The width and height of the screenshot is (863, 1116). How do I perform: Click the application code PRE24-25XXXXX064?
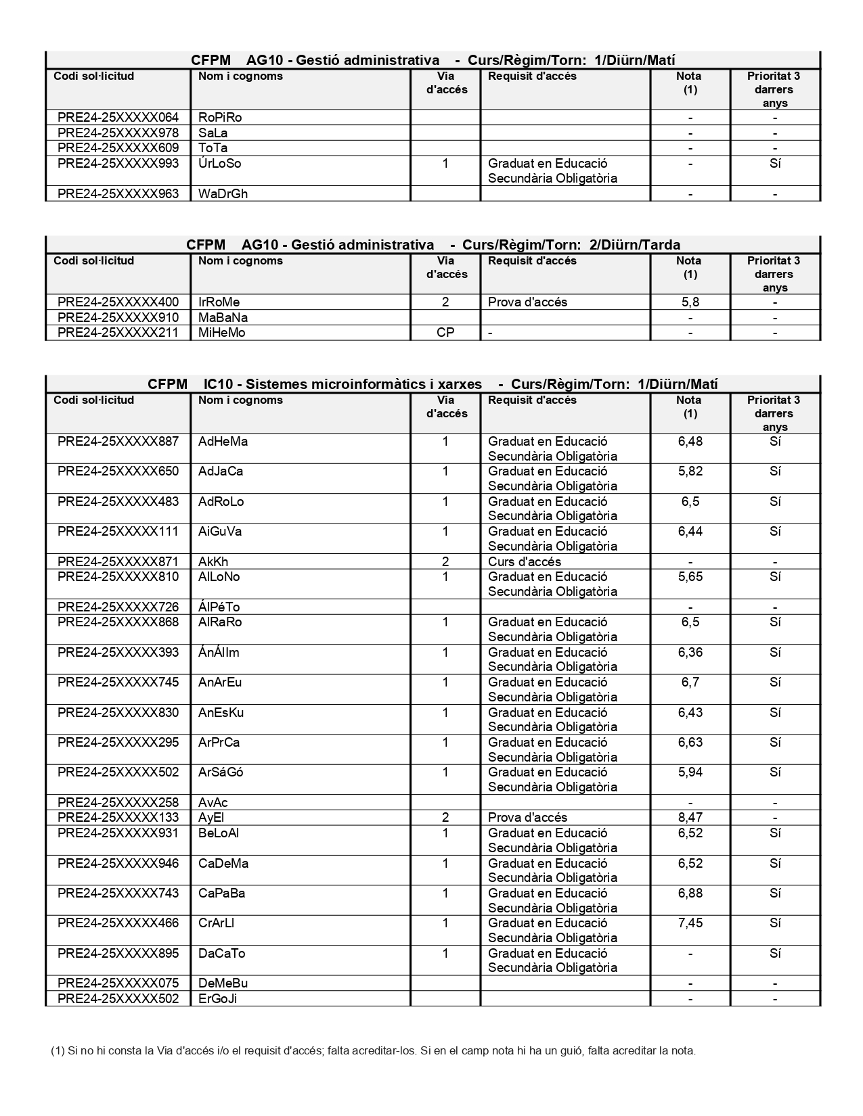118,118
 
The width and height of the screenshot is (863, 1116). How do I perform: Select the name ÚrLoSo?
219,164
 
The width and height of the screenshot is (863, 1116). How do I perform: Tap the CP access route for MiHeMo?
445,333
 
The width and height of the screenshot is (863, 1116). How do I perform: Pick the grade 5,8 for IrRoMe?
690,302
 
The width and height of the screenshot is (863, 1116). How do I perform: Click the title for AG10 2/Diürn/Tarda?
433,245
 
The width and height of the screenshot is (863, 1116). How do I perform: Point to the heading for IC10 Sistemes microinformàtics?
433,384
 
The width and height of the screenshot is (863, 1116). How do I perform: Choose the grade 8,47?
690,818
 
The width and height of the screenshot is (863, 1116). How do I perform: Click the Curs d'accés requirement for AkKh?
525,562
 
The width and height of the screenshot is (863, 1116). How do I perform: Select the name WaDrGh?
223,194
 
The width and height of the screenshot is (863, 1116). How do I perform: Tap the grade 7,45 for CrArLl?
690,923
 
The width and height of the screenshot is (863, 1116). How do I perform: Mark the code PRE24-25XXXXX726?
118,607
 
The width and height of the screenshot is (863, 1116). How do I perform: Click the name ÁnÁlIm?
219,653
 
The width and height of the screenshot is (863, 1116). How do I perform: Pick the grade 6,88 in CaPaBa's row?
690,893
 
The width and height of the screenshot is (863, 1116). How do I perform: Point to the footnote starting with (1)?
373,1050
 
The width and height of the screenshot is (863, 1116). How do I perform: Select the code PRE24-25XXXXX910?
118,318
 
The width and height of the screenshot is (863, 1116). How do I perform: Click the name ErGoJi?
217,999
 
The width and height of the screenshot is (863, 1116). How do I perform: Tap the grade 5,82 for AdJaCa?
690,471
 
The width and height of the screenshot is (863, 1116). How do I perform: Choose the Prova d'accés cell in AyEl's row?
527,818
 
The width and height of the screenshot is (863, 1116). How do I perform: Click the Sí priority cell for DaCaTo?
775,954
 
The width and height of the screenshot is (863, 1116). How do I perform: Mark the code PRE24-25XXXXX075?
118,983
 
